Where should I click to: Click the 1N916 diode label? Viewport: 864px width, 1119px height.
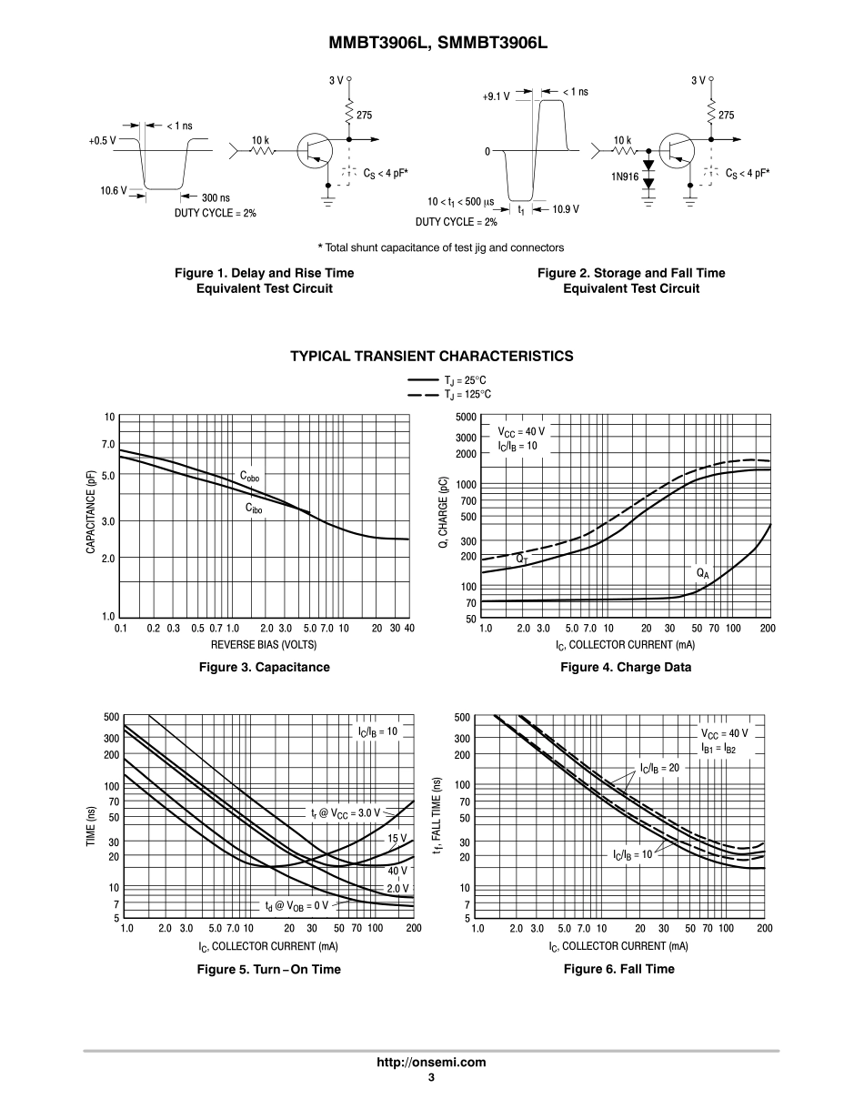[624, 176]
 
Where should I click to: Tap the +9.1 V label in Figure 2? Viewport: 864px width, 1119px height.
[496, 94]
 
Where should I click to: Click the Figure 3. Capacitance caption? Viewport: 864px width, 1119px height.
[265, 667]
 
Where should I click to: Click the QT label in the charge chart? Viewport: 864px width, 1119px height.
[522, 558]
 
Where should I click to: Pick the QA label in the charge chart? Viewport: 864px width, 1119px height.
[702, 573]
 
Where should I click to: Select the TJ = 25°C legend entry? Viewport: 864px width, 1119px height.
[462, 379]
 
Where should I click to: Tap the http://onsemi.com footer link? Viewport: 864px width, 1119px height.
[432, 1062]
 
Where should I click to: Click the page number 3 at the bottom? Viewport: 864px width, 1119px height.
[432, 1078]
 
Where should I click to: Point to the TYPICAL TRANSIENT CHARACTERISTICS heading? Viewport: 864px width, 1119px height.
[432, 356]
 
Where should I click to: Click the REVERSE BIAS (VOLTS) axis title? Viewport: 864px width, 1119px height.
[265, 643]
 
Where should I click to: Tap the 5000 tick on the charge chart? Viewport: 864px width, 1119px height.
[466, 418]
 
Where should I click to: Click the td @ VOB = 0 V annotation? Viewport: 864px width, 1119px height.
[296, 906]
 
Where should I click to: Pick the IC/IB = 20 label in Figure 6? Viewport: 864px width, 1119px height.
[659, 769]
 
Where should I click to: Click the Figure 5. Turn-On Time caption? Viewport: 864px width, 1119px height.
[269, 969]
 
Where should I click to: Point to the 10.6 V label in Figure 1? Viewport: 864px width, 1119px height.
[113, 190]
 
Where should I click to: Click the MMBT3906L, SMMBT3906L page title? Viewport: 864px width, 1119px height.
[432, 43]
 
